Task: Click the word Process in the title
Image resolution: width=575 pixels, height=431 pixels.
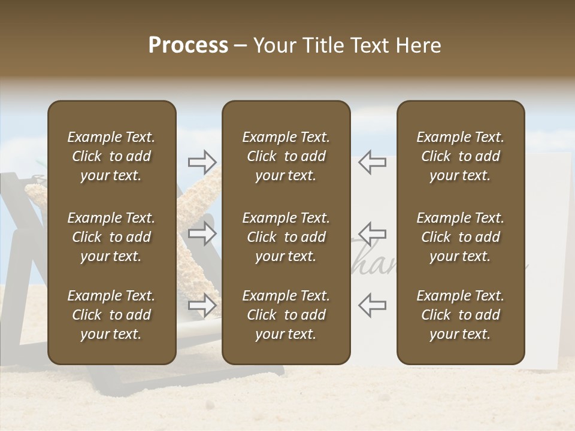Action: [188, 45]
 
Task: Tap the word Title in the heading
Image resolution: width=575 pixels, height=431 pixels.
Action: [320, 45]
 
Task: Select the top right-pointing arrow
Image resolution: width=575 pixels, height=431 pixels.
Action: [202, 162]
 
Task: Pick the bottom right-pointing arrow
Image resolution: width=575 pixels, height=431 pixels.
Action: [202, 305]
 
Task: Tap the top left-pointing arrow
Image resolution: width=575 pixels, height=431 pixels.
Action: [373, 162]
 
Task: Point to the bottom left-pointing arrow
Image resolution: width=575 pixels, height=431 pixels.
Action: [373, 305]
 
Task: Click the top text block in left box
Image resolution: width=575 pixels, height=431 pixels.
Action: [111, 156]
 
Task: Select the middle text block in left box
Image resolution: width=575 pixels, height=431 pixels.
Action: [111, 237]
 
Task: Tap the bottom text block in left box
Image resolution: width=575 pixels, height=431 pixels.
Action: [111, 315]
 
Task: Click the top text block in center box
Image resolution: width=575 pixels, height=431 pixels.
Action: [286, 156]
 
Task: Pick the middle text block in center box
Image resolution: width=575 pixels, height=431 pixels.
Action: [286, 237]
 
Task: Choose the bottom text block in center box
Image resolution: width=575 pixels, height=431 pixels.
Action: [286, 315]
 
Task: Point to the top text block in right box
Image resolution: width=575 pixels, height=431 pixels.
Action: [461, 156]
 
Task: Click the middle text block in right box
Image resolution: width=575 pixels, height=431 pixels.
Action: [461, 237]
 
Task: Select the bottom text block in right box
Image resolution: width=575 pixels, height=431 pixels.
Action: [461, 315]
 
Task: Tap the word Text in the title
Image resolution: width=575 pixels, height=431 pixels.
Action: [370, 45]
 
